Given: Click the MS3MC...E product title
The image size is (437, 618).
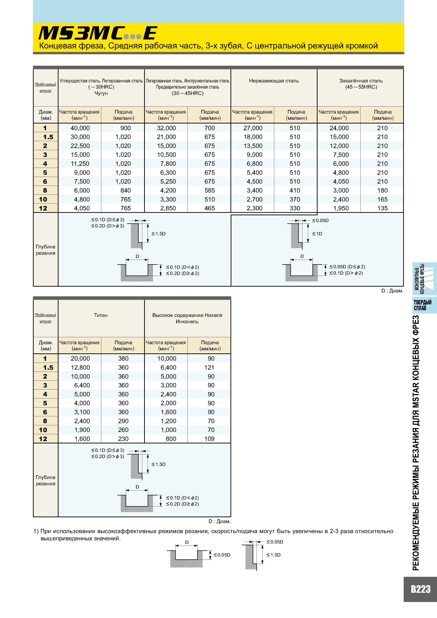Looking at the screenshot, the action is click(x=98, y=33).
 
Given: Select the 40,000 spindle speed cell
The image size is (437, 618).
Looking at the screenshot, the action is click(x=80, y=128).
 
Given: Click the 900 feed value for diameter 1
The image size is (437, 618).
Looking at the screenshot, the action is click(x=125, y=128).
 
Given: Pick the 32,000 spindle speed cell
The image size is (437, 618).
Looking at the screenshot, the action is click(x=166, y=128).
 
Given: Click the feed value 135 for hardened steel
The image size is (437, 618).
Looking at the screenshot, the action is click(x=382, y=208).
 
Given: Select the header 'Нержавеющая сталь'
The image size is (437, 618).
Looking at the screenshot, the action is click(x=274, y=81).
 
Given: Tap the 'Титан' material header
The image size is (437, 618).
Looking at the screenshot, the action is click(x=101, y=315).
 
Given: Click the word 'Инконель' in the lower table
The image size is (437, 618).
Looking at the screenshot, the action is click(x=187, y=322).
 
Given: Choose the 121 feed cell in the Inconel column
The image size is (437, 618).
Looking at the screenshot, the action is click(x=209, y=367).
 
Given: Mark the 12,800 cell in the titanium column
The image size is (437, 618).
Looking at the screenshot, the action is click(x=80, y=367).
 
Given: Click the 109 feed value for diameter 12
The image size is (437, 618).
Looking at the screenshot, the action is click(x=209, y=439).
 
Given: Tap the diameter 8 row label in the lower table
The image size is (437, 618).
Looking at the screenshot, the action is click(x=45, y=421).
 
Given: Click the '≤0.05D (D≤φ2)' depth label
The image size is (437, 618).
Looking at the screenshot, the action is click(x=347, y=267).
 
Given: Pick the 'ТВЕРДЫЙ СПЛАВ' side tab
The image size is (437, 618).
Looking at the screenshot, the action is click(x=422, y=305).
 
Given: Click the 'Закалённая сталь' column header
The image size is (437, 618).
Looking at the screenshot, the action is click(x=361, y=81).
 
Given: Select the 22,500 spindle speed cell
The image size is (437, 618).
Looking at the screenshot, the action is click(x=80, y=146).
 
